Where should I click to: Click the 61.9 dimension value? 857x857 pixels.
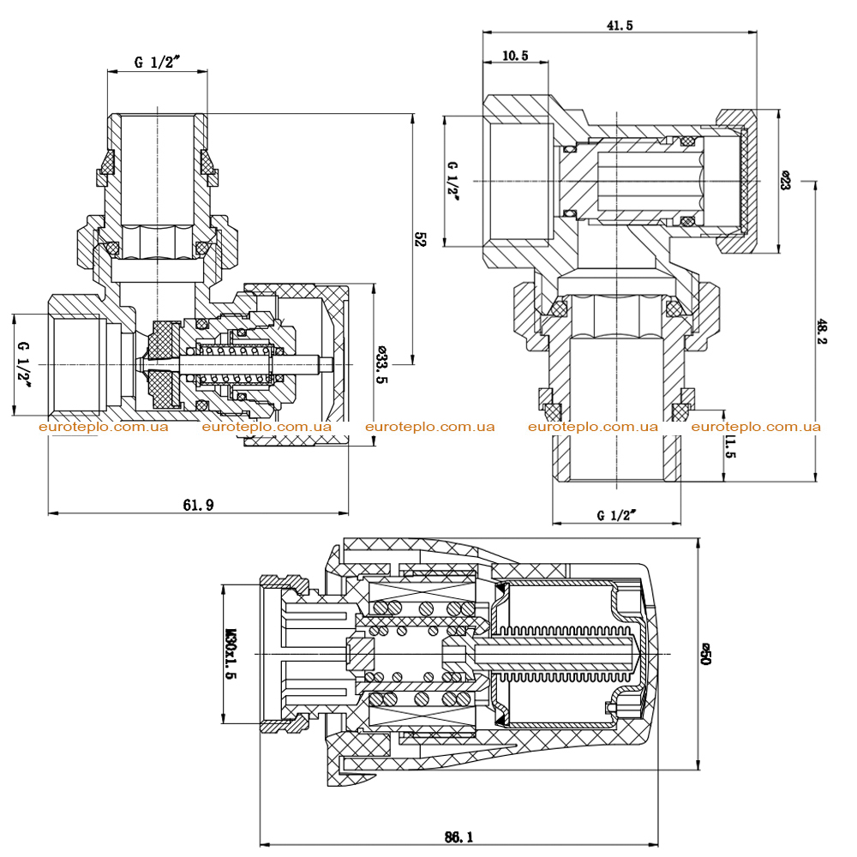(198, 505)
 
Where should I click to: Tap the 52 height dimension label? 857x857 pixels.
(420, 239)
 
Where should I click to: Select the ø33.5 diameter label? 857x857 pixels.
(381, 364)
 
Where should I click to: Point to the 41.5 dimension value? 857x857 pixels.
(620, 25)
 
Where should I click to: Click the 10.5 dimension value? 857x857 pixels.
(515, 55)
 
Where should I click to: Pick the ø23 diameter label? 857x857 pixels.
(785, 180)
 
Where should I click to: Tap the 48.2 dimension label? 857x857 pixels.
(822, 332)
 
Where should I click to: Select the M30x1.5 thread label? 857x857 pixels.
(231, 653)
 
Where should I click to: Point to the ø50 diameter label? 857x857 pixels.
(705, 654)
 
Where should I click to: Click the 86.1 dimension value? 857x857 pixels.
(458, 836)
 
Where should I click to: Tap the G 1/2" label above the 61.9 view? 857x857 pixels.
(157, 62)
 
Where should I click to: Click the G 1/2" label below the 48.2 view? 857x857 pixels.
(616, 515)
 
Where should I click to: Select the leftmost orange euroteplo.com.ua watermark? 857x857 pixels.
(104, 427)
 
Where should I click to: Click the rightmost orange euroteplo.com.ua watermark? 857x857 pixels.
(756, 427)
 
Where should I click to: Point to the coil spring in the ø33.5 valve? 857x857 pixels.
(234, 364)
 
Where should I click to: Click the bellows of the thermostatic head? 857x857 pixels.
(564, 654)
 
